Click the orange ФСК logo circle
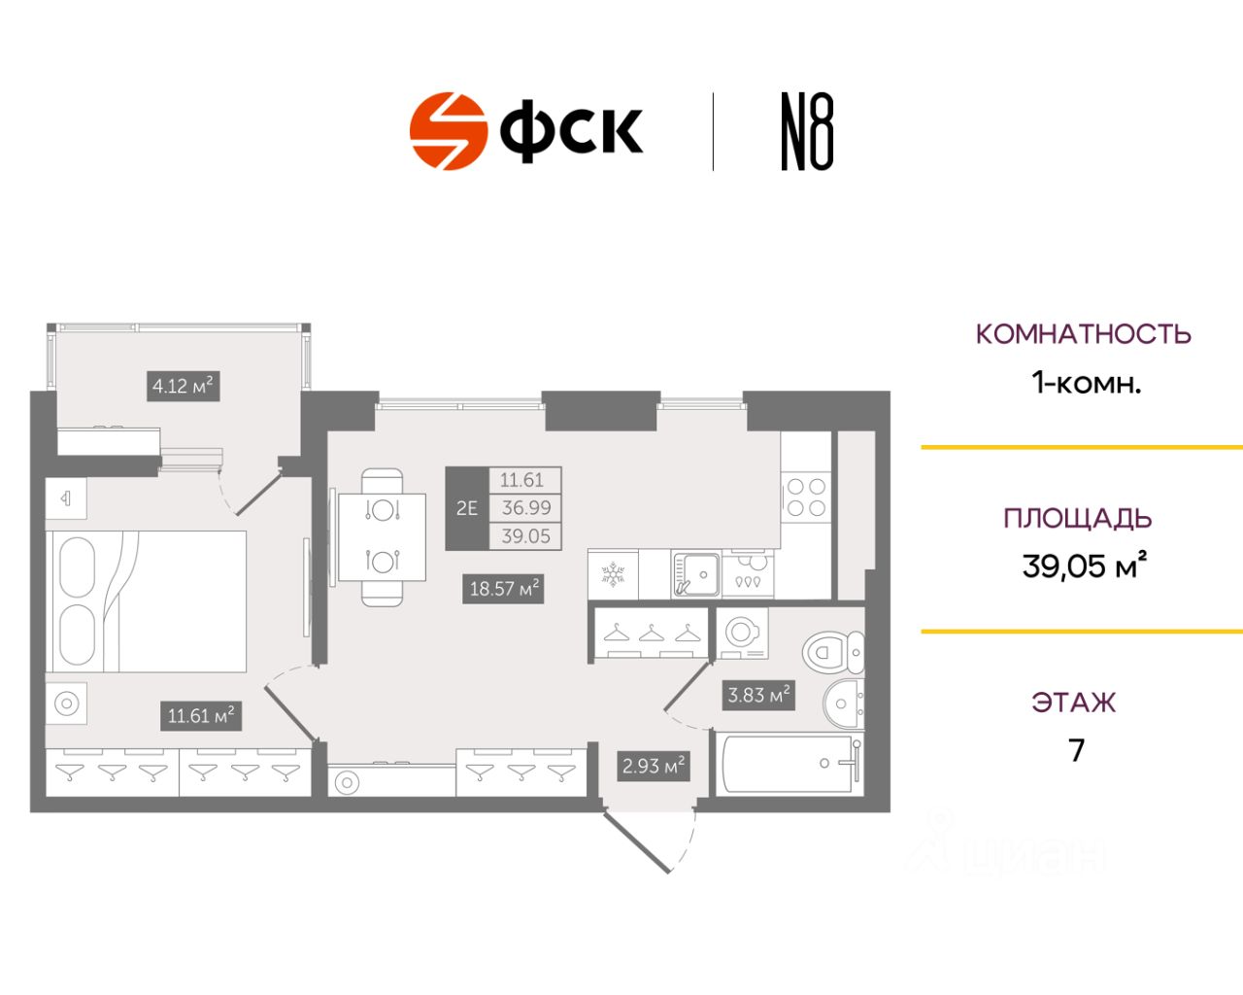pyautogui.click(x=449, y=131)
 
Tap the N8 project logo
pyautogui.click(x=808, y=131)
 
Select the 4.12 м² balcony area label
pyautogui.click(x=184, y=386)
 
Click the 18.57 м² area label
pyautogui.click(x=503, y=589)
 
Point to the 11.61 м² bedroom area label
pyautogui.click(x=200, y=716)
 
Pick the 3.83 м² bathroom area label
pyautogui.click(x=758, y=695)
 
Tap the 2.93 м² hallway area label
pyautogui.click(x=654, y=766)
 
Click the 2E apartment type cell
pyautogui.click(x=467, y=508)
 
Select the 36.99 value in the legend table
pyautogui.click(x=525, y=507)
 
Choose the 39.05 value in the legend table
pyautogui.click(x=525, y=536)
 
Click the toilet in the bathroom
pyautogui.click(x=833, y=652)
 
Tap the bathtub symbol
pyautogui.click(x=789, y=763)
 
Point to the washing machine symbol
pyautogui.click(x=742, y=633)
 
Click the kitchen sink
pyautogui.click(x=696, y=574)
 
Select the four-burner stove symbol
pyautogui.click(x=806, y=497)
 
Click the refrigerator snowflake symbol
pyautogui.click(x=613, y=574)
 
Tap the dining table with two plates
pyautogui.click(x=382, y=537)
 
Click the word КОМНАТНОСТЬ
pyautogui.click(x=1084, y=334)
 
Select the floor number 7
pyautogui.click(x=1076, y=750)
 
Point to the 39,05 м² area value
pyautogui.click(x=1084, y=566)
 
